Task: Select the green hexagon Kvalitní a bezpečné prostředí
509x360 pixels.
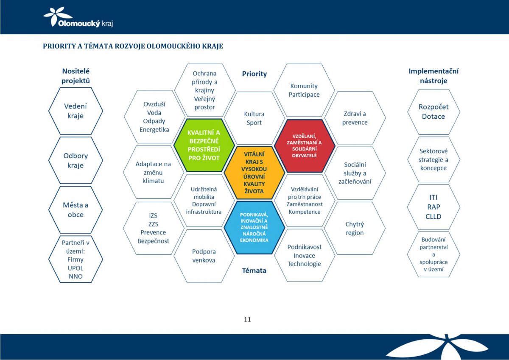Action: click(204, 145)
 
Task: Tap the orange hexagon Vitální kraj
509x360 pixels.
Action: click(254, 173)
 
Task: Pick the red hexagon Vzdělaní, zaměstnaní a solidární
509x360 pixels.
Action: click(305, 146)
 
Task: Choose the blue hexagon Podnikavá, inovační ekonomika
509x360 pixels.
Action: click(254, 227)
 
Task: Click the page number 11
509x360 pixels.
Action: click(247, 320)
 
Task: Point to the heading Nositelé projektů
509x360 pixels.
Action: click(76, 76)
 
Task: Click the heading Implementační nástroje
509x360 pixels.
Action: click(433, 76)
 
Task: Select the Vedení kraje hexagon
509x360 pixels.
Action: click(76, 111)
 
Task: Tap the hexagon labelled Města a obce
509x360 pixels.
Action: click(76, 210)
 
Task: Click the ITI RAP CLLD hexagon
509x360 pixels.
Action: click(433, 207)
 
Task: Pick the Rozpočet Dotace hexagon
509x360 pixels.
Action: click(433, 112)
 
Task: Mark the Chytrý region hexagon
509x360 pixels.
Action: click(355, 228)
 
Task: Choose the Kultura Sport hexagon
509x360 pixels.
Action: click(254, 118)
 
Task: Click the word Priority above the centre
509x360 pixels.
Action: click(254, 74)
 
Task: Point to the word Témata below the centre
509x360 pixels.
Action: click(254, 271)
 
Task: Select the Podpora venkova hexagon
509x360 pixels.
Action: click(204, 256)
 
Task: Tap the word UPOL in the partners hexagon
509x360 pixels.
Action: click(76, 268)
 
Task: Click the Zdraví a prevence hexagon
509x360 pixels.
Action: click(355, 118)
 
